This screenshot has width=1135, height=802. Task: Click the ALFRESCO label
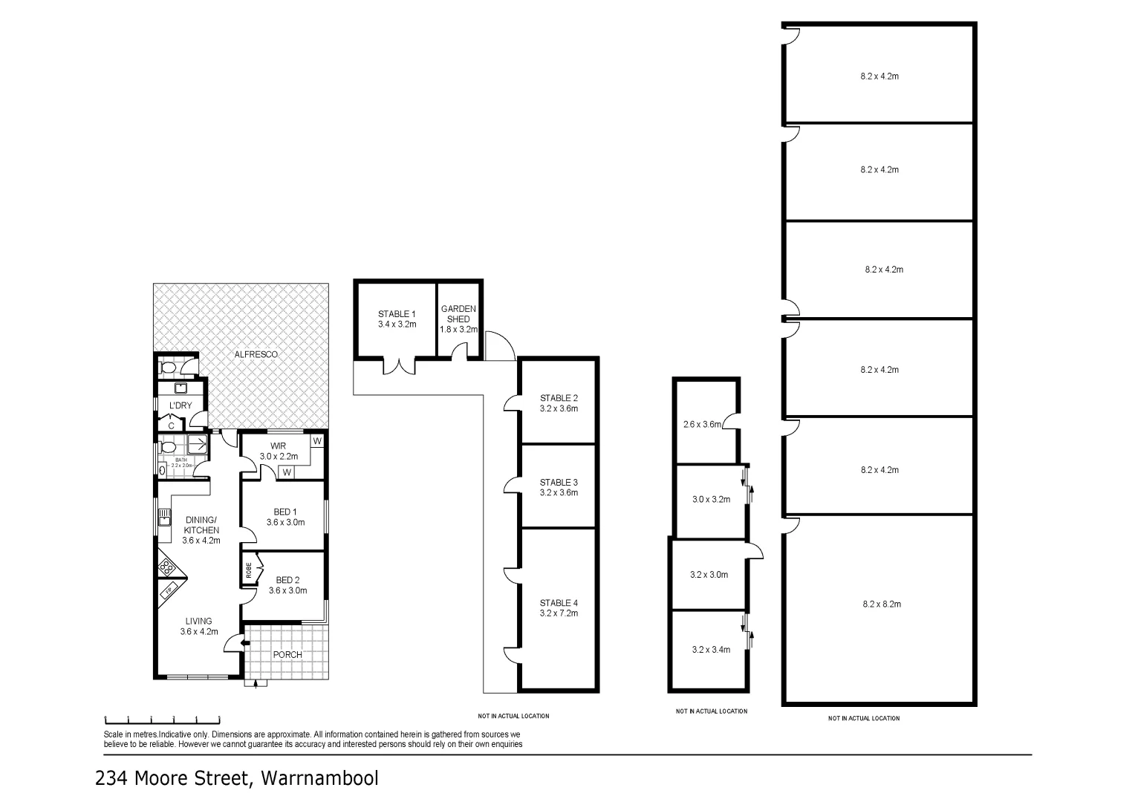point(256,355)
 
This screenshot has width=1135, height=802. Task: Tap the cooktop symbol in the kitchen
point(167,567)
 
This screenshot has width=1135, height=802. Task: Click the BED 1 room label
point(285,512)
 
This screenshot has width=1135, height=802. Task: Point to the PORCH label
point(287,655)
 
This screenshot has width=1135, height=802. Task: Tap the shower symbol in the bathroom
point(198,444)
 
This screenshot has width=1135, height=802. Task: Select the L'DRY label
point(181,405)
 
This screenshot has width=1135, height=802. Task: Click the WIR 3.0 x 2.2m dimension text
point(279,457)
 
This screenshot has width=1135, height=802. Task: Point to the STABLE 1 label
point(397,314)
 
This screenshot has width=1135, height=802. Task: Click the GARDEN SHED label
point(458,313)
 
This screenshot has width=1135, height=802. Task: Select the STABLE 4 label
point(559,603)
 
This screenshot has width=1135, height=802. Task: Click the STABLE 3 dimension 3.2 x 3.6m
point(559,492)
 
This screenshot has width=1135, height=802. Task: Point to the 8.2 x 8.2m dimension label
point(882,604)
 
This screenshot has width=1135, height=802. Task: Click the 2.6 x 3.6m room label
point(702,426)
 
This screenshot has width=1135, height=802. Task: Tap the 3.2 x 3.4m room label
point(711,650)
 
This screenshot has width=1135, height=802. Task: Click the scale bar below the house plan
point(163,719)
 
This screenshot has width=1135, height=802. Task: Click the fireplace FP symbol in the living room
point(169,591)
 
